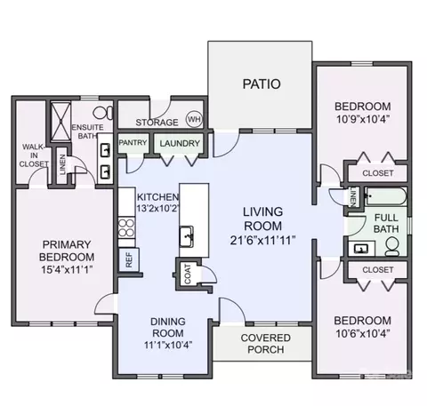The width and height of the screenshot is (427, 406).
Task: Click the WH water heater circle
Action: pyautogui.click(x=194, y=119)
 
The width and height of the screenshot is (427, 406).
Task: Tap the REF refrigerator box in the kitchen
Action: pyautogui.click(x=129, y=260)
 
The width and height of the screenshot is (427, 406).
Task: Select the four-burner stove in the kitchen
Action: pyautogui.click(x=126, y=227)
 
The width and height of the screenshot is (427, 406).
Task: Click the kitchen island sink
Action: pyautogui.click(x=187, y=236)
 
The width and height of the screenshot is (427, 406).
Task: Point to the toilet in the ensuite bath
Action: pyautogui.click(x=103, y=113)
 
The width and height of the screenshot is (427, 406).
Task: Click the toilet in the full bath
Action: pyautogui.click(x=392, y=246)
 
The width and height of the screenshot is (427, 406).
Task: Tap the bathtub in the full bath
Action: pyautogui.click(x=385, y=196)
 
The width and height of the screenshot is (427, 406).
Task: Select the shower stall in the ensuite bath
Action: pyautogui.click(x=60, y=121)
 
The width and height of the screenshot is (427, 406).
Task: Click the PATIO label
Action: pyautogui.click(x=262, y=84)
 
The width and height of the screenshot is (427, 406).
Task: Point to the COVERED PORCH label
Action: pyautogui.click(x=266, y=344)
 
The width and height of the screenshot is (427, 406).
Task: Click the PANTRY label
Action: pyautogui.click(x=133, y=143)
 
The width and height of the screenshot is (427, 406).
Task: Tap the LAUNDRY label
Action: pyautogui.click(x=180, y=143)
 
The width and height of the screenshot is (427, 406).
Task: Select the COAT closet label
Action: pyautogui.click(x=188, y=274)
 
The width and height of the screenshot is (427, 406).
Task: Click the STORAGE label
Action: pyautogui.click(x=157, y=123)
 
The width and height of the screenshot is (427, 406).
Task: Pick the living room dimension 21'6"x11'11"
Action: pyautogui.click(x=262, y=240)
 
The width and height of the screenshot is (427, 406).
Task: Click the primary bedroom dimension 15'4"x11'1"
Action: pyautogui.click(x=67, y=270)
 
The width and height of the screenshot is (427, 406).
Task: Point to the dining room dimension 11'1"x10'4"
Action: pyautogui.click(x=168, y=345)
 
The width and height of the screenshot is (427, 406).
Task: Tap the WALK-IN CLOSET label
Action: pyautogui.click(x=34, y=155)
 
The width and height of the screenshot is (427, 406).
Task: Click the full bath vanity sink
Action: pyautogui.click(x=361, y=249)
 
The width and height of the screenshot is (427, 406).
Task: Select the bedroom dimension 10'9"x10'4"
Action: pyautogui.click(x=363, y=119)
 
